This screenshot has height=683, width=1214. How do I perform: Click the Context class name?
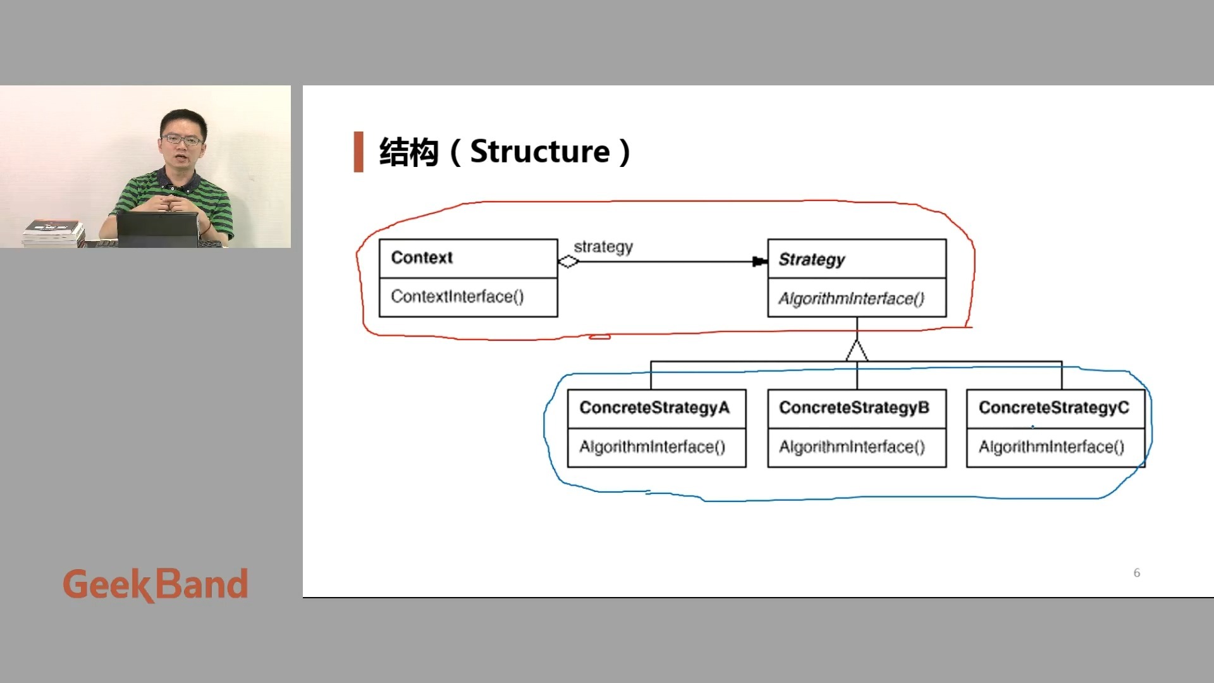[x=422, y=258]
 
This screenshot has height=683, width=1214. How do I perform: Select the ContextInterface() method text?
[x=457, y=297]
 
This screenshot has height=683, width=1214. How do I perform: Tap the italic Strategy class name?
[x=812, y=259]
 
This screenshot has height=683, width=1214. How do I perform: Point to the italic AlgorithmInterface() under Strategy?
[x=851, y=298]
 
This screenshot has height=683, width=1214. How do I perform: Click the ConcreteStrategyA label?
[x=654, y=408]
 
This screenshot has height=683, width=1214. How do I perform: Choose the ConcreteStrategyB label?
[x=854, y=408]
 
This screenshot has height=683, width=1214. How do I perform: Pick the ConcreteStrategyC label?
[x=1053, y=408]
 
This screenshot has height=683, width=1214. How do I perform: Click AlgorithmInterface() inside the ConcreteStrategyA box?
[x=652, y=447]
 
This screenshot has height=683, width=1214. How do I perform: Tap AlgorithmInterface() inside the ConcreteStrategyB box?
[x=852, y=447]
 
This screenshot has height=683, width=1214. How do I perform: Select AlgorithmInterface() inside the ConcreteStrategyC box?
[x=1052, y=447]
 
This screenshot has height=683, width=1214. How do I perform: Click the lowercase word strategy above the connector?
[x=603, y=247]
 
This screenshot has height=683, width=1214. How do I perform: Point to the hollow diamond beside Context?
[x=568, y=261]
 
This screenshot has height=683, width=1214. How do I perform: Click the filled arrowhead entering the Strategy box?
[x=759, y=261]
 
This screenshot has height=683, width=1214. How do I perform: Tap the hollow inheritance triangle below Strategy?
[x=857, y=351]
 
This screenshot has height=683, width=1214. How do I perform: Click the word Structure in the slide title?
[x=540, y=152]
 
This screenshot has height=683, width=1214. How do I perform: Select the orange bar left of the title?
[x=359, y=152]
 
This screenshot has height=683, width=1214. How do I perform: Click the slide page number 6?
[x=1137, y=573]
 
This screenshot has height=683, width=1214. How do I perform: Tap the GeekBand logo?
[x=155, y=584]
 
